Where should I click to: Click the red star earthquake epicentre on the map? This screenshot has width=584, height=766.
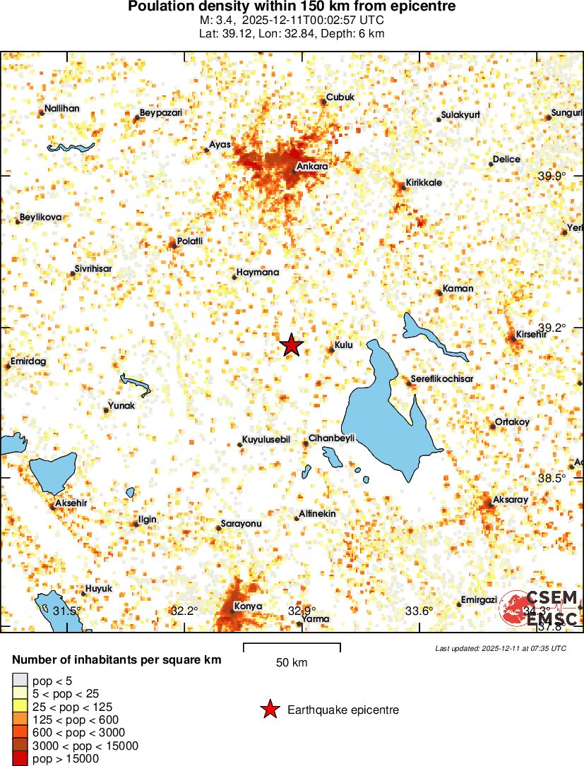point(291,345)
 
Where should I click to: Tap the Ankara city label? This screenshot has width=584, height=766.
point(312,167)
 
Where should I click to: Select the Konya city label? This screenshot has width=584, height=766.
point(248,606)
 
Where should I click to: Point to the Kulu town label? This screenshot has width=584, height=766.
point(343,345)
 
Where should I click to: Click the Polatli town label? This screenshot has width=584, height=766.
point(190,241)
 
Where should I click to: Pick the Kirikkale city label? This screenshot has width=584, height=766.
point(424,182)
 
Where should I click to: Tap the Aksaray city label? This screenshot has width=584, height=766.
point(510,499)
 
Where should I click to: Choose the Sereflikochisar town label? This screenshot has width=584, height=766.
point(442,379)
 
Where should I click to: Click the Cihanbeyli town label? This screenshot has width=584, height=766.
point(331,438)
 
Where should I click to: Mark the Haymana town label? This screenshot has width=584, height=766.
point(258,272)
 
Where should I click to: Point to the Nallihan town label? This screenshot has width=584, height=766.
point(61,109)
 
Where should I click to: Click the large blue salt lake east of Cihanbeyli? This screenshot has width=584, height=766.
point(385,417)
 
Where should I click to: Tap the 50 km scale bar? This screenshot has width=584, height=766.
point(292,647)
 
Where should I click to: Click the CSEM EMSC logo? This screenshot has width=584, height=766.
point(540,608)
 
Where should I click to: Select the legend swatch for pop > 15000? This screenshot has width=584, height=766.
point(20,758)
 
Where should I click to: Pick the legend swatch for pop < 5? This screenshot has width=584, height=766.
point(20,681)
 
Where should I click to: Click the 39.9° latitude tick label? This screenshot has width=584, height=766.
point(552,176)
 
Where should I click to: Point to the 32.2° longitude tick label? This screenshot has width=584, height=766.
point(184,611)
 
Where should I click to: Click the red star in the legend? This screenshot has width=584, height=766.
point(269,710)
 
